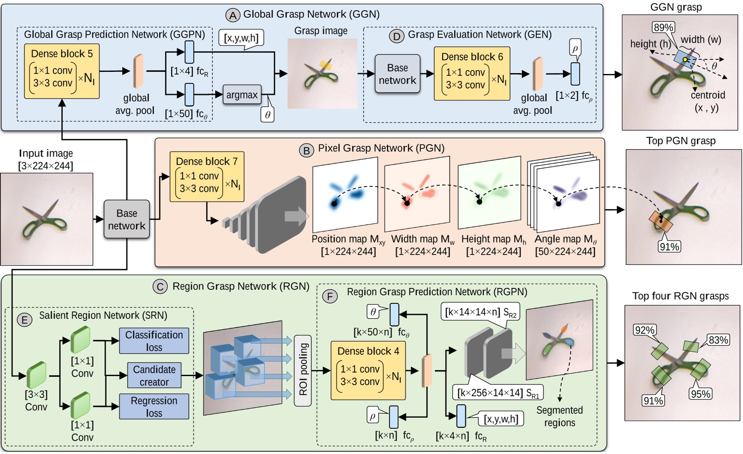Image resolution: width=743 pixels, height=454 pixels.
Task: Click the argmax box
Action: pyautogui.click(x=242, y=95)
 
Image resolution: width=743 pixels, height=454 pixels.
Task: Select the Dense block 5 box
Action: pyautogui.click(x=62, y=71)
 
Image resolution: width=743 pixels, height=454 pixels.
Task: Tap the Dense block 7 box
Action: pyautogui.click(x=207, y=176)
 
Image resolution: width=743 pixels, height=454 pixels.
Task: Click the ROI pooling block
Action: pyautogui.click(x=303, y=371)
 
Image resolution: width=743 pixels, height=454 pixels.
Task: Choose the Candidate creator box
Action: pyautogui.click(x=154, y=375)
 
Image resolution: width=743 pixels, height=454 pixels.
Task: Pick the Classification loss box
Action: pyautogui.click(x=154, y=341)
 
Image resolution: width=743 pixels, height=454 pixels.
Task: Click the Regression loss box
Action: pyautogui.click(x=154, y=407)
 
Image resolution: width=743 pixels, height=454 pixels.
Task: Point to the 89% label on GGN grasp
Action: pyautogui.click(x=663, y=28)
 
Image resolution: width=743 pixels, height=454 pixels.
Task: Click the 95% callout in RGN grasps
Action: pyautogui.click(x=700, y=394)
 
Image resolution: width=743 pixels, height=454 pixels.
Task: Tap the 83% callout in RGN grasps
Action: pyautogui.click(x=718, y=340)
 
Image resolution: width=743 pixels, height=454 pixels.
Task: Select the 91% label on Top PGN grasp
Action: pyautogui.click(x=669, y=246)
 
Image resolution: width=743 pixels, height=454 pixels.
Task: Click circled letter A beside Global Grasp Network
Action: pyautogui.click(x=233, y=15)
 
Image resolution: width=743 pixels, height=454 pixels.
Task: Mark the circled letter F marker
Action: pyautogui.click(x=329, y=296)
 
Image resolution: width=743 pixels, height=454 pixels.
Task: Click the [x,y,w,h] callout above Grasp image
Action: pyautogui.click(x=241, y=38)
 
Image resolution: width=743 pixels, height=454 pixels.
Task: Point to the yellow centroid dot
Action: pyautogui.click(x=685, y=60)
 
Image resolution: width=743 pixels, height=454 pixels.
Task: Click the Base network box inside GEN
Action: pyautogui.click(x=397, y=74)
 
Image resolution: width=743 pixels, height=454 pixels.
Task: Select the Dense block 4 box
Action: pyautogui.click(x=368, y=370)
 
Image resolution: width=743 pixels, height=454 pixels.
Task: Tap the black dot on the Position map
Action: pyautogui.click(x=334, y=204)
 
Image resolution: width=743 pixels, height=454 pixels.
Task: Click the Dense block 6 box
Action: pyautogui.click(x=471, y=74)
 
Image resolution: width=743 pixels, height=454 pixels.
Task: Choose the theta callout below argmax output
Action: pyautogui.click(x=267, y=115)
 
